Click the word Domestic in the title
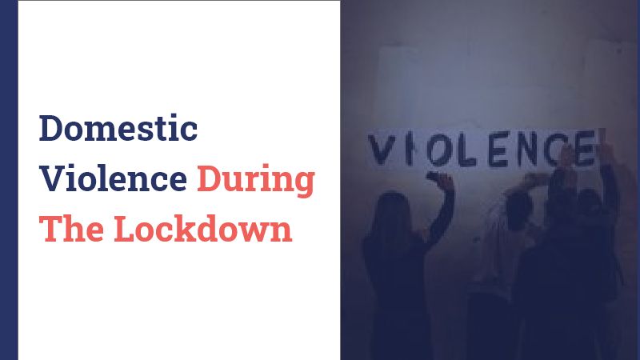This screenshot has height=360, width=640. tap(118, 128)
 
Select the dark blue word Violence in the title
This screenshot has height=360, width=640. tap(113, 178)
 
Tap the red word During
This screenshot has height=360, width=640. tap(256, 182)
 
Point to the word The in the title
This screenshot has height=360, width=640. tap(71, 229)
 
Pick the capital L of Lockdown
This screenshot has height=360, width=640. tap(126, 229)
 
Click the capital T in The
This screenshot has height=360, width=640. tap(50, 229)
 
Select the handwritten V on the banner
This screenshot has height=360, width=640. tap(382, 150)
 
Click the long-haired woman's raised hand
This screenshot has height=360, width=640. tap(439, 180)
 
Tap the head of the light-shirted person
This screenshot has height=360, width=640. tap(518, 210)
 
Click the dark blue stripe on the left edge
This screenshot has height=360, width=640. tap(9, 180)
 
